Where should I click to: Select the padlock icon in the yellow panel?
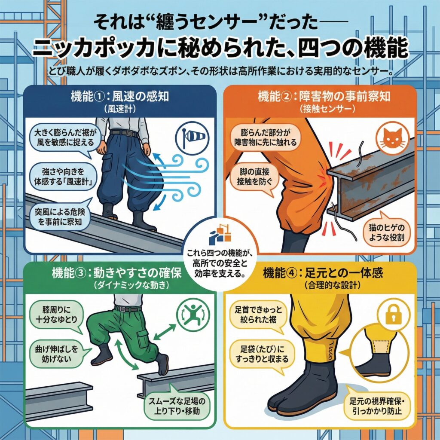pyautogui.click(x=394, y=314)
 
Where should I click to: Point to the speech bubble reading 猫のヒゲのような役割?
pyautogui.click(x=386, y=232)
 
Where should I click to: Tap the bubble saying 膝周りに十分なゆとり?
pyautogui.click(x=56, y=314)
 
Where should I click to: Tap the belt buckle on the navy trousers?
pyautogui.click(x=130, y=133)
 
